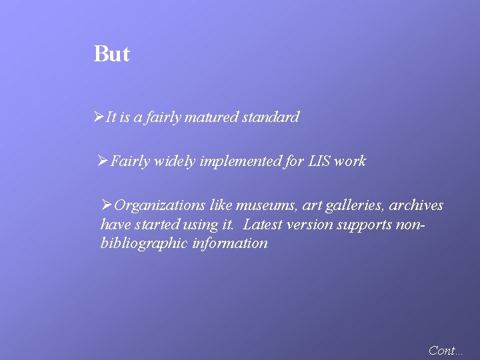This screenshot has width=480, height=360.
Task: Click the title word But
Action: tap(111, 53)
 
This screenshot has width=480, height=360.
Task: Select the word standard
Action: tap(271, 117)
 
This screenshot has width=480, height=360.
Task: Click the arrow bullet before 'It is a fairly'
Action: tap(99, 117)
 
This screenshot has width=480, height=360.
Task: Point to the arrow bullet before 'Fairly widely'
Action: tap(103, 161)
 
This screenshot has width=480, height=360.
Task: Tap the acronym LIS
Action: tap(319, 161)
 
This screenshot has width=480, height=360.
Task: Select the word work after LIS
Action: tap(350, 161)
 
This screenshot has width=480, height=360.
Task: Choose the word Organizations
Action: tap(160, 205)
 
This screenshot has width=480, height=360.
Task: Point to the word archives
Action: tap(416, 205)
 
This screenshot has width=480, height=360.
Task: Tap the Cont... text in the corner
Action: tap(445, 350)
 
